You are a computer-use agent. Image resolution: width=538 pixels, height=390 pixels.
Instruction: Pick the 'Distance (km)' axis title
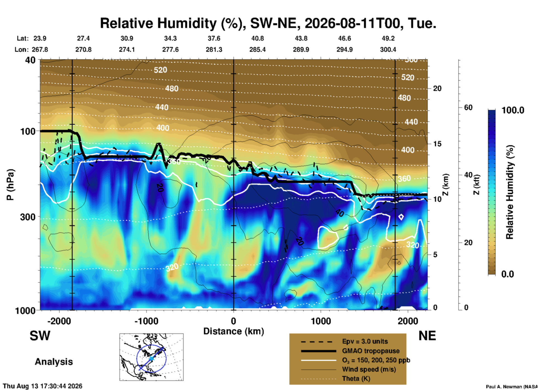coord(234,331)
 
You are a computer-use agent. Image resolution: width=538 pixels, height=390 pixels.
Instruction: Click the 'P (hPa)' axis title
coord(10,185)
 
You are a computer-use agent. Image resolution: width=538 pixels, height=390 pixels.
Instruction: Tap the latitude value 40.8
coord(257,38)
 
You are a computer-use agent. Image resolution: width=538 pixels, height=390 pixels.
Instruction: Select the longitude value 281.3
coord(214,50)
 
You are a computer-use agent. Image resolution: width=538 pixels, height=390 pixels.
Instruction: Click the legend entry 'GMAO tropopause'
coord(371,351)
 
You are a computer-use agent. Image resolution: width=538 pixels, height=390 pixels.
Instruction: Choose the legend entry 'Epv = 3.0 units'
coord(365,341)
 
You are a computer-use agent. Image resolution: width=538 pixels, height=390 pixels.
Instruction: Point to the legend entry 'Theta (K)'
coord(356,379)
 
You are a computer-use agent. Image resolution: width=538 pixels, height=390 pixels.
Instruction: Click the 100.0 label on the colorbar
coord(513,110)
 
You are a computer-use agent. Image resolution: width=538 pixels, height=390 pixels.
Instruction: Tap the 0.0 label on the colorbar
coord(508,274)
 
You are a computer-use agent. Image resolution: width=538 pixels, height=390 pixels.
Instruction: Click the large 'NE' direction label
coord(427,336)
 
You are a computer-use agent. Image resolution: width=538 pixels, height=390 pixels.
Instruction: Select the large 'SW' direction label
coord(40,336)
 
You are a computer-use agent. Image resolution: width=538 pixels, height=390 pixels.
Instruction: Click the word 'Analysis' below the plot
coord(54,362)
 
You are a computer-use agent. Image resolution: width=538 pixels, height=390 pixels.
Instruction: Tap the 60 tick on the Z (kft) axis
coord(468,107)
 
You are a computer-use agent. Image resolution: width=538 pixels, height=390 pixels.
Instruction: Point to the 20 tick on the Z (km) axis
coord(437,88)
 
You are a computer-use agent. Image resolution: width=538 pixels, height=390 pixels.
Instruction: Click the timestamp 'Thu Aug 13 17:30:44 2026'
coord(43,386)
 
